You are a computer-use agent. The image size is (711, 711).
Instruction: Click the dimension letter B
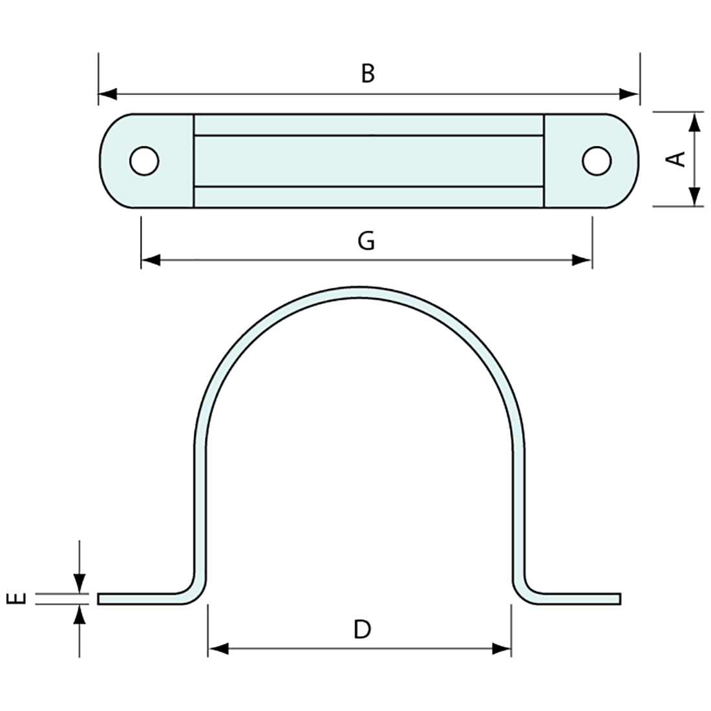click(368, 74)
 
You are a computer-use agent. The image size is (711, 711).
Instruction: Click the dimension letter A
click(677, 159)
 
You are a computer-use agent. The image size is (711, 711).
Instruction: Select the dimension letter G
click(366, 241)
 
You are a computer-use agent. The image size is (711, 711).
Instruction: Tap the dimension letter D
click(363, 630)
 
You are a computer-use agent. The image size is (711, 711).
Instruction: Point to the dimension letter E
click(16, 599)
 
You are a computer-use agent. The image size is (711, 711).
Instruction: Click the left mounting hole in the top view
click(144, 161)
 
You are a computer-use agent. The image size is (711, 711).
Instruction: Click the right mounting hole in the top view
click(597, 161)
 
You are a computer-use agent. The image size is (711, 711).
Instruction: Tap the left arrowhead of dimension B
click(108, 94)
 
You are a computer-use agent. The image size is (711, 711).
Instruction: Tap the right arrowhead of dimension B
click(629, 94)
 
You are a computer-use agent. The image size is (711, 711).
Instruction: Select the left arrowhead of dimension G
click(151, 260)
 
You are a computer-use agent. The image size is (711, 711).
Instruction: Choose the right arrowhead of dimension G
click(582, 260)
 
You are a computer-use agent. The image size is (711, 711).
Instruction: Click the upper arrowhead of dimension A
click(694, 122)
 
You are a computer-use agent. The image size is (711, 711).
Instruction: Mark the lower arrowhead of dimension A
click(694, 196)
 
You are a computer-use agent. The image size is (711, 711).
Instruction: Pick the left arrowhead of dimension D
click(218, 649)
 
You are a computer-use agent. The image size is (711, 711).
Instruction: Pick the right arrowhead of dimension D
click(501, 649)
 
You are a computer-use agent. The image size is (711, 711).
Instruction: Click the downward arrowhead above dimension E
click(80, 584)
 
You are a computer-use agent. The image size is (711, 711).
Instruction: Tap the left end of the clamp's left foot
click(98, 599)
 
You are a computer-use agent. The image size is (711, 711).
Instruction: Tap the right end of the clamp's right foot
click(620, 599)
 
